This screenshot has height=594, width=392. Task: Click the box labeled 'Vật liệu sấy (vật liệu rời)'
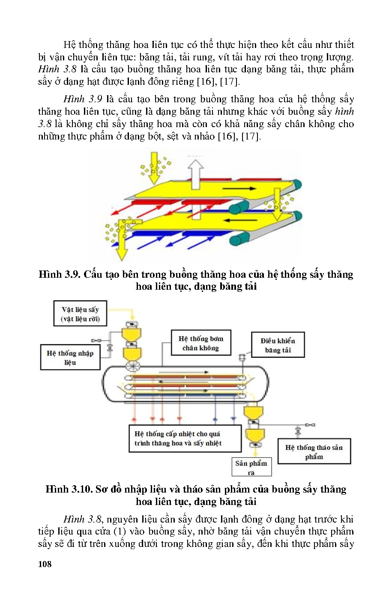pos(80,314)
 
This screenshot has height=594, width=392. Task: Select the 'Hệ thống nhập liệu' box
pos(70,357)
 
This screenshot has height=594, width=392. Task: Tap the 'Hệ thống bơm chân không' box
pos(201,343)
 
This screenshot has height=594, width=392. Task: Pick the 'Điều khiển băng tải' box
pos(278,345)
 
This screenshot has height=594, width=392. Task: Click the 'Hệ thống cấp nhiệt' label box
pos(185,438)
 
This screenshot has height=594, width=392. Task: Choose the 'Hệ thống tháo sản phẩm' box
pos(314,451)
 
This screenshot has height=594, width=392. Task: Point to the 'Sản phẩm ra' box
pos(251,467)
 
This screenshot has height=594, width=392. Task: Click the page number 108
pos(45,564)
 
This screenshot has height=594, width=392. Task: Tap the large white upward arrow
pos(196,174)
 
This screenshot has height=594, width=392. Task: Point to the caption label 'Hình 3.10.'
pos(69,489)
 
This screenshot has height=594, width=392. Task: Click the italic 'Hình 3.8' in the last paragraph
pos(82,519)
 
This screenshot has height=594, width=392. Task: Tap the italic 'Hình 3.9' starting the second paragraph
pos(83,99)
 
